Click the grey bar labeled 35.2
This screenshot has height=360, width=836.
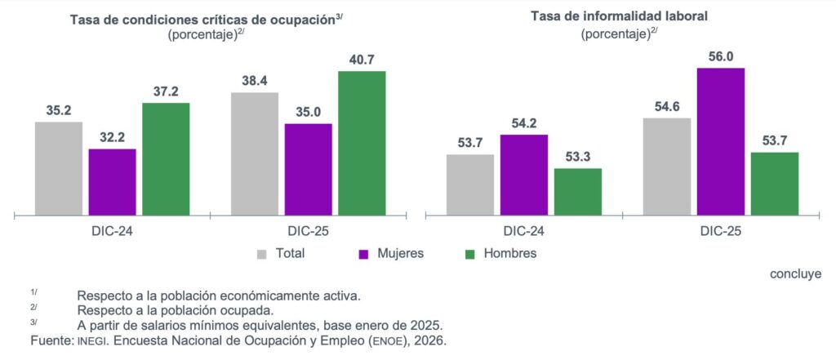point(58,168)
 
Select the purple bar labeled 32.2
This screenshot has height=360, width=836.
point(112,182)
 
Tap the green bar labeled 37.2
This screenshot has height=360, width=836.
point(166,159)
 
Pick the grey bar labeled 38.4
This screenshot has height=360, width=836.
point(254,153)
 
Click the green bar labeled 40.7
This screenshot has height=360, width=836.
point(362,144)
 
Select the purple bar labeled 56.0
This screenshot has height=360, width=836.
point(720,142)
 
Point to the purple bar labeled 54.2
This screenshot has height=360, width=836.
point(523,175)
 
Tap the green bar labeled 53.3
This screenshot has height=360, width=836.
point(577,192)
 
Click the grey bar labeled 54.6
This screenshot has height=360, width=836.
point(666,167)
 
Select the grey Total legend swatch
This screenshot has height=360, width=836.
point(262,254)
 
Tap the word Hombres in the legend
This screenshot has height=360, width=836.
point(509,253)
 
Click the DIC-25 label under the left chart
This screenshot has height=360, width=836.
point(308,232)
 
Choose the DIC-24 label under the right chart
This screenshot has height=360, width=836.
point(523,232)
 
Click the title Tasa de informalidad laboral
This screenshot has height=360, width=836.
point(620,16)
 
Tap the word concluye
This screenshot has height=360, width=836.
point(795,273)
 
